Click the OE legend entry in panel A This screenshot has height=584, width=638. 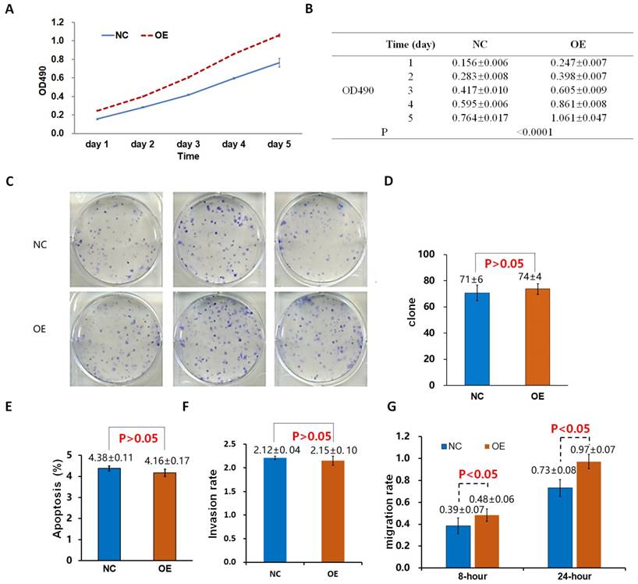point(156,34)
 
